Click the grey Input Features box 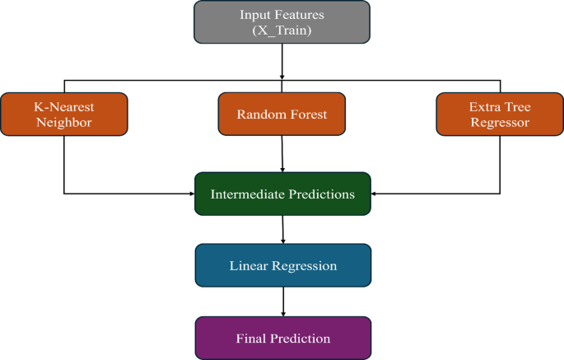tap(282, 22)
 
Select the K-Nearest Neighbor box tap(64, 114)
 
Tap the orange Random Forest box tap(282, 115)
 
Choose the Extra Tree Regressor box tap(500, 114)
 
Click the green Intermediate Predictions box tap(282, 194)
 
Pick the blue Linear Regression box tap(282, 266)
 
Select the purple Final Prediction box tap(282, 338)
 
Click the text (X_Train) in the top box tap(282, 30)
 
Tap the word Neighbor tap(64, 122)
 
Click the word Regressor tap(500, 122)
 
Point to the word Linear tap(248, 266)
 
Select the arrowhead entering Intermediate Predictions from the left tap(190, 194)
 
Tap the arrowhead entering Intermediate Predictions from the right tap(375, 194)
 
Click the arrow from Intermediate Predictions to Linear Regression tap(283, 230)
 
